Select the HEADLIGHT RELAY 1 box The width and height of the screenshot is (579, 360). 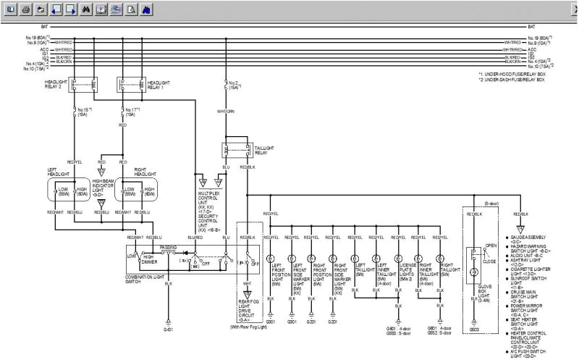[130, 85]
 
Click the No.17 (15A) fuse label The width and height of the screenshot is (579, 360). [130, 112]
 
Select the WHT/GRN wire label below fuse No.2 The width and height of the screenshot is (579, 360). [225, 111]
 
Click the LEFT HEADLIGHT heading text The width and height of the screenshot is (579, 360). [60, 175]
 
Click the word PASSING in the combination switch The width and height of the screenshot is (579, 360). [169, 247]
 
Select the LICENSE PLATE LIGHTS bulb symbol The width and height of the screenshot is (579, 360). [397, 259]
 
